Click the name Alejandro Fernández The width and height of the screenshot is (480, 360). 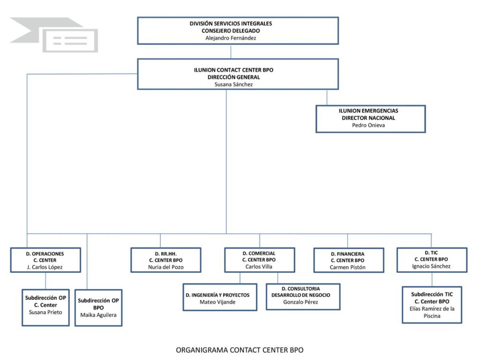231,38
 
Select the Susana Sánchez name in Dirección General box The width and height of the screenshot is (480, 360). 234,84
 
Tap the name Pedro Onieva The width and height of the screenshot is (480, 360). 368,125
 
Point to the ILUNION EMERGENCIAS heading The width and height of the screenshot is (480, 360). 368,111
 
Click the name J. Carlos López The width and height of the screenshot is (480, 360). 45,267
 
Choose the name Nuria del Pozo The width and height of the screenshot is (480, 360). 166,267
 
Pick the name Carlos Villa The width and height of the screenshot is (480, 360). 259,267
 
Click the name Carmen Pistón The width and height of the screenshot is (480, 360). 348,267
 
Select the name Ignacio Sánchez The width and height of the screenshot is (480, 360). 431,266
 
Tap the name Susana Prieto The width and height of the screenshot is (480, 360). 46,312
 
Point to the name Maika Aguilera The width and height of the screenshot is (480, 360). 98,315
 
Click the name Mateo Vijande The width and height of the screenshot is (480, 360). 218,302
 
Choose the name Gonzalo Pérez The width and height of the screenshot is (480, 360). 301,302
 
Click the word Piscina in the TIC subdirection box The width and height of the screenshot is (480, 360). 432,316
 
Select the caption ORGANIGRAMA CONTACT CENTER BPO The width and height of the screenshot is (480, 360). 240,350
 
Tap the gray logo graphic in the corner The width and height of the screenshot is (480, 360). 54,35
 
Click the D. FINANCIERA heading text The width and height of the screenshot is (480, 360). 348,254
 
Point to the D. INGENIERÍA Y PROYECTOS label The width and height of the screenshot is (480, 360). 218,295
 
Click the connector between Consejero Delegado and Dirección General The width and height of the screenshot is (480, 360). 231,52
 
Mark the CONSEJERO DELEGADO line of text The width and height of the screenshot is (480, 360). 231,31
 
